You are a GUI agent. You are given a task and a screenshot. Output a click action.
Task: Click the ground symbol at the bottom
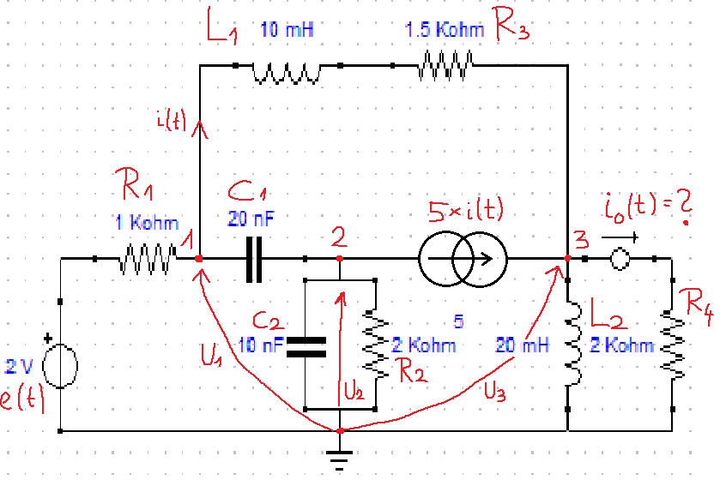point(339,459)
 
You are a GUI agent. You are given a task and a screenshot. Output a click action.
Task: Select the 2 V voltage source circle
point(60,366)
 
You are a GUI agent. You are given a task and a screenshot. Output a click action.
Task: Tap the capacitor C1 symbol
point(254,259)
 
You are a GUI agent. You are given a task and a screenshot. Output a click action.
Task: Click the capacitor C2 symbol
point(306,347)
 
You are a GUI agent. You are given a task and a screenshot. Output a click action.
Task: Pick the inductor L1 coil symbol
point(287,74)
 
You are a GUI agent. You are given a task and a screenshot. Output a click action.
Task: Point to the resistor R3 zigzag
point(445,66)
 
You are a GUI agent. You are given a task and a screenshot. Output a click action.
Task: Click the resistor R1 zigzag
point(148,260)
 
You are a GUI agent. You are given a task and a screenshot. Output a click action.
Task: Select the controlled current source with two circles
point(463,259)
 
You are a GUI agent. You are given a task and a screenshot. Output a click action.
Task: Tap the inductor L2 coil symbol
point(573,344)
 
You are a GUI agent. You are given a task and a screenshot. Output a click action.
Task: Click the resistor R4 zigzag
point(672,345)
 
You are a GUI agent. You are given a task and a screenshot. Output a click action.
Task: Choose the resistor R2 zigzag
point(376,345)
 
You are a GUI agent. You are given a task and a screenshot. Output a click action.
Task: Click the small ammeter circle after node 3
point(620,259)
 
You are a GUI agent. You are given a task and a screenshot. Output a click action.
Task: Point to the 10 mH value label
point(287,30)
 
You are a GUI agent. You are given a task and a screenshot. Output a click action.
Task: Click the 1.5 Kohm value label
point(444,30)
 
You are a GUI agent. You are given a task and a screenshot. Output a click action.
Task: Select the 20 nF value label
point(251,219)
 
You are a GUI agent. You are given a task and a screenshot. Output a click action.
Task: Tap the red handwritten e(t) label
point(21,398)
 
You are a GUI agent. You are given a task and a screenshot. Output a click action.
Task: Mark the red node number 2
point(339,237)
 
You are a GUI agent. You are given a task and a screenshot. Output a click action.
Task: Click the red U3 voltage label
point(495,393)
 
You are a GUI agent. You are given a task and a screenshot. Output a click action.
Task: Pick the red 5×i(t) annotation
point(466,210)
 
